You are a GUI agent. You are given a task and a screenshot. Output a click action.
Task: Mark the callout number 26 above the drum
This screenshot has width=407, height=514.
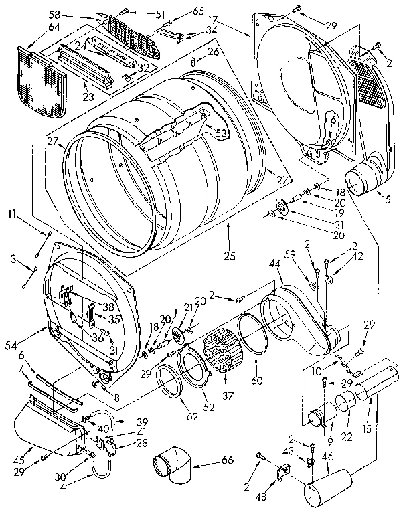click(213, 51)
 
